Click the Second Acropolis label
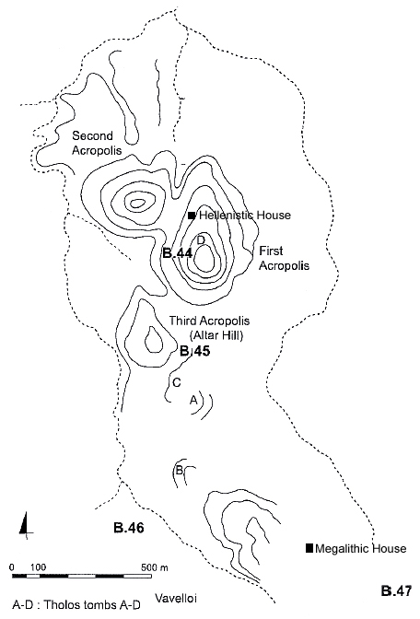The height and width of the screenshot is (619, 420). pyautogui.click(x=97, y=143)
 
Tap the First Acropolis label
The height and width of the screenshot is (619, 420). pyautogui.click(x=284, y=258)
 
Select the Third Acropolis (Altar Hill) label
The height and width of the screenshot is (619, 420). pyautogui.click(x=210, y=328)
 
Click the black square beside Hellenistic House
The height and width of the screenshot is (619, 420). pyautogui.click(x=192, y=216)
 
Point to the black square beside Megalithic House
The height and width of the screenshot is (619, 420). pyautogui.click(x=309, y=548)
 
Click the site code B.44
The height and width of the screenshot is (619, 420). pyautogui.click(x=177, y=253)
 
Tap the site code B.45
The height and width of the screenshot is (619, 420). pyautogui.click(x=195, y=351)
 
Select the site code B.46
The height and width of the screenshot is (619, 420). pyautogui.click(x=129, y=528)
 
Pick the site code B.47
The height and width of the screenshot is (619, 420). pyautogui.click(x=396, y=591)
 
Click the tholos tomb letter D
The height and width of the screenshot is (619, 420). pyautogui.click(x=201, y=239)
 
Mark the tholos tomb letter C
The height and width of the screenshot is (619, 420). pyautogui.click(x=177, y=382)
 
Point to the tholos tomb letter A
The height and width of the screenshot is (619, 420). pyautogui.click(x=193, y=401)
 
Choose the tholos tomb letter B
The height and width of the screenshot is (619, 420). pyautogui.click(x=179, y=470)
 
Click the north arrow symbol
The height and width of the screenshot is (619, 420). pyautogui.click(x=26, y=525)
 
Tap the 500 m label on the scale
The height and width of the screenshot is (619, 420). pyautogui.click(x=155, y=567)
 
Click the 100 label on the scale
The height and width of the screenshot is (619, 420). pyautogui.click(x=39, y=567)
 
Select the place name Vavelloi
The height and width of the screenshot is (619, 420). pyautogui.click(x=176, y=598)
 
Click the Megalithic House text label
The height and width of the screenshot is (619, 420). pyautogui.click(x=361, y=548)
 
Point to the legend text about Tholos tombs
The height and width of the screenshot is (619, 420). pyautogui.click(x=76, y=605)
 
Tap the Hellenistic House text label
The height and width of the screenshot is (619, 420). pyautogui.click(x=245, y=216)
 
